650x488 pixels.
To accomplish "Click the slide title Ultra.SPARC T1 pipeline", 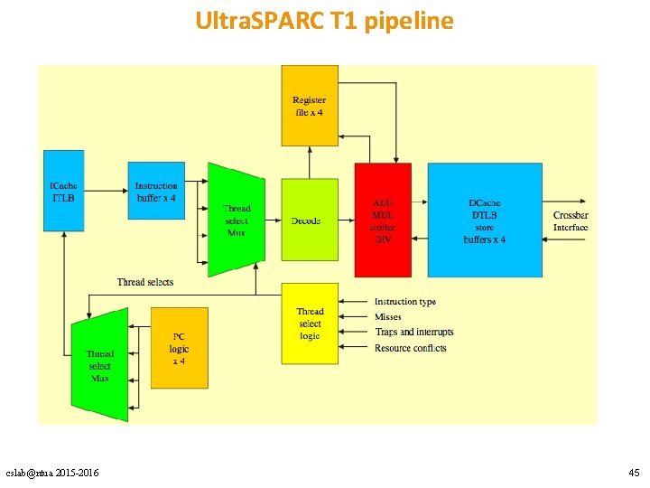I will tap(324, 21).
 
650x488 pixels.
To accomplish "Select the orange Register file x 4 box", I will tap(310, 105).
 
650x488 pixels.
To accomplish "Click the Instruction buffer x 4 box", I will tap(156, 191).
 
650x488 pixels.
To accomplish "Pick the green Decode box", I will tap(309, 220).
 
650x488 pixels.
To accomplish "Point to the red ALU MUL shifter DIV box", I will tap(383, 220).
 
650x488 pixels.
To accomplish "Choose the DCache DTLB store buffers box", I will tap(485, 220).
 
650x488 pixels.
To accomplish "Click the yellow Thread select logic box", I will tap(310, 324).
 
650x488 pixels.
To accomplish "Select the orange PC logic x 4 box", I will tap(180, 348).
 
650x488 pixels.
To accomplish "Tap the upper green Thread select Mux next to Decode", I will tap(236, 220).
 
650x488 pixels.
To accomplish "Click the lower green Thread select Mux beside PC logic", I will tap(99, 364).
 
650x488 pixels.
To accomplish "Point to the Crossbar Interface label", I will tap(571, 221).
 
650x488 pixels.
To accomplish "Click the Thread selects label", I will tap(145, 282).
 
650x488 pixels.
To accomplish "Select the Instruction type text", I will tap(405, 302).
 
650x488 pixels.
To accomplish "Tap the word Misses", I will tap(388, 317).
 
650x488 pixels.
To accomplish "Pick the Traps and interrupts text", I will tap(414, 333).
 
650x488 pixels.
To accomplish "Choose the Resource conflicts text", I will tap(411, 348).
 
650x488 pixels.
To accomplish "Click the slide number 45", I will tap(633, 473).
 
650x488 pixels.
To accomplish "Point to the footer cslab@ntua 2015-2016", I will tap(52, 473).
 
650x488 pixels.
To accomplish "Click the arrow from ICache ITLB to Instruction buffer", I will tap(106, 191).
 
